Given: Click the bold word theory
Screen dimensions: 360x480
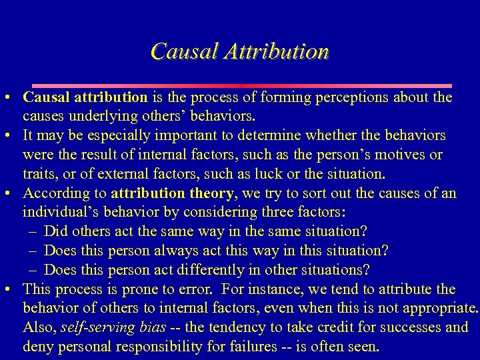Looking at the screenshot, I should click(209, 193).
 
